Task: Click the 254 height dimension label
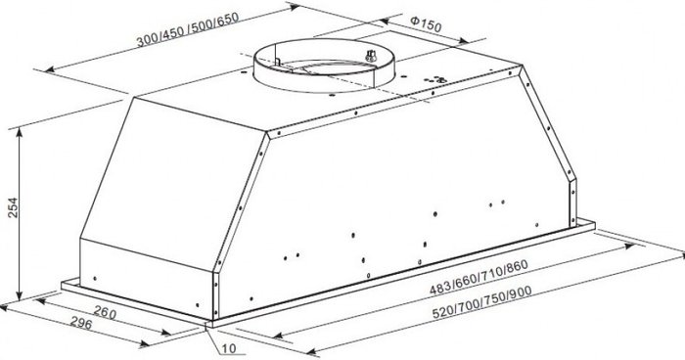point(13,208)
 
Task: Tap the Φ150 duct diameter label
point(427,24)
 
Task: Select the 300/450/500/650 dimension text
point(188,28)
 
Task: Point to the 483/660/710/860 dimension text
point(479,277)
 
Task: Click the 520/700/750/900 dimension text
point(482,302)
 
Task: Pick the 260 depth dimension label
point(105,312)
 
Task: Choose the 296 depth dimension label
point(81,323)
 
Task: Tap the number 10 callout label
point(229,348)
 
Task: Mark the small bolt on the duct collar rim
point(371,56)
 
